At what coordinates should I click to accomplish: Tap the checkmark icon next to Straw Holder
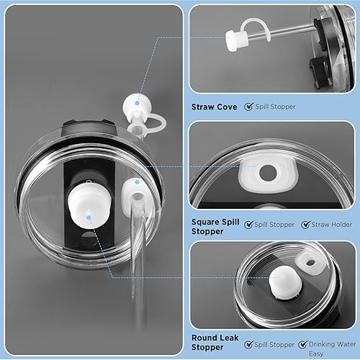pos(306,225)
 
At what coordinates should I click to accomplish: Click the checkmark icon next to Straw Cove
pos(248,107)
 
